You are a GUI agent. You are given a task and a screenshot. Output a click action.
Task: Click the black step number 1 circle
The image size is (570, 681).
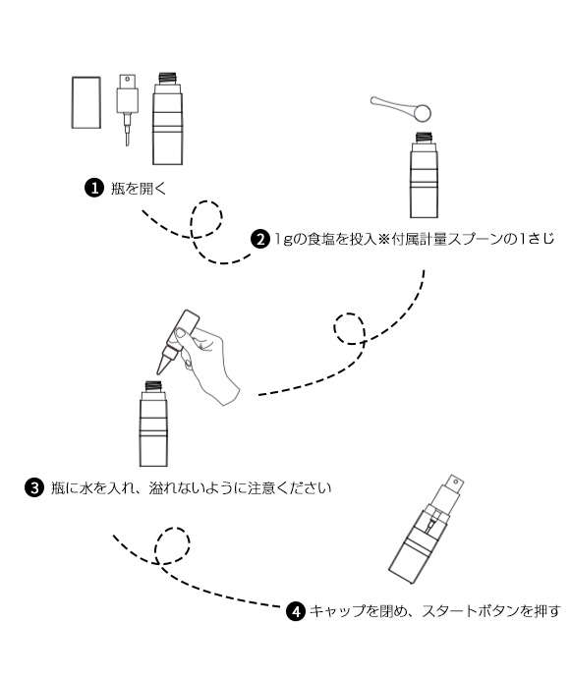[94, 188]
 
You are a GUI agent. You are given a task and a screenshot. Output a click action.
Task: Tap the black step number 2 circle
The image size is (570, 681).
[260, 240]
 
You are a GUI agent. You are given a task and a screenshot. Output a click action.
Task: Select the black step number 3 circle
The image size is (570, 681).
[34, 487]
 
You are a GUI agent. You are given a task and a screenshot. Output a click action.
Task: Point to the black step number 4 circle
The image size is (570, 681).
[296, 611]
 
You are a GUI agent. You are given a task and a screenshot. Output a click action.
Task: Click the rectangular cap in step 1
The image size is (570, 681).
[86, 102]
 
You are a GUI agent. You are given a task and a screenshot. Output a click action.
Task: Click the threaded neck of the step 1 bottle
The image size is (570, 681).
[167, 79]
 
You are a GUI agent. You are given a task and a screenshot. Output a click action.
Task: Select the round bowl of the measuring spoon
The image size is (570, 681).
[422, 113]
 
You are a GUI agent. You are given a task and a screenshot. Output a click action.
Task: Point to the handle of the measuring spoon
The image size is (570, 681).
[392, 104]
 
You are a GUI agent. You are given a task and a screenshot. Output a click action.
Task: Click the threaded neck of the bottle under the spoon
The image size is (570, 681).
[425, 138]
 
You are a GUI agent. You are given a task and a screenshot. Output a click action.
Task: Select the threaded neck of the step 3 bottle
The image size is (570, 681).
[153, 386]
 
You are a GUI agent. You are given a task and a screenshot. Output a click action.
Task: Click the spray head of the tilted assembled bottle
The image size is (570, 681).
[450, 492]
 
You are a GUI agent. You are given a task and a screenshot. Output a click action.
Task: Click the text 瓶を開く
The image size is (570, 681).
[139, 189]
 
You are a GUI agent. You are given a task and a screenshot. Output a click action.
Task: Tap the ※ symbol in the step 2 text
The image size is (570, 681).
[383, 240]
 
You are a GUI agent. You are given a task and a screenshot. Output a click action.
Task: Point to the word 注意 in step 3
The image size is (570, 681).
[261, 488]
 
